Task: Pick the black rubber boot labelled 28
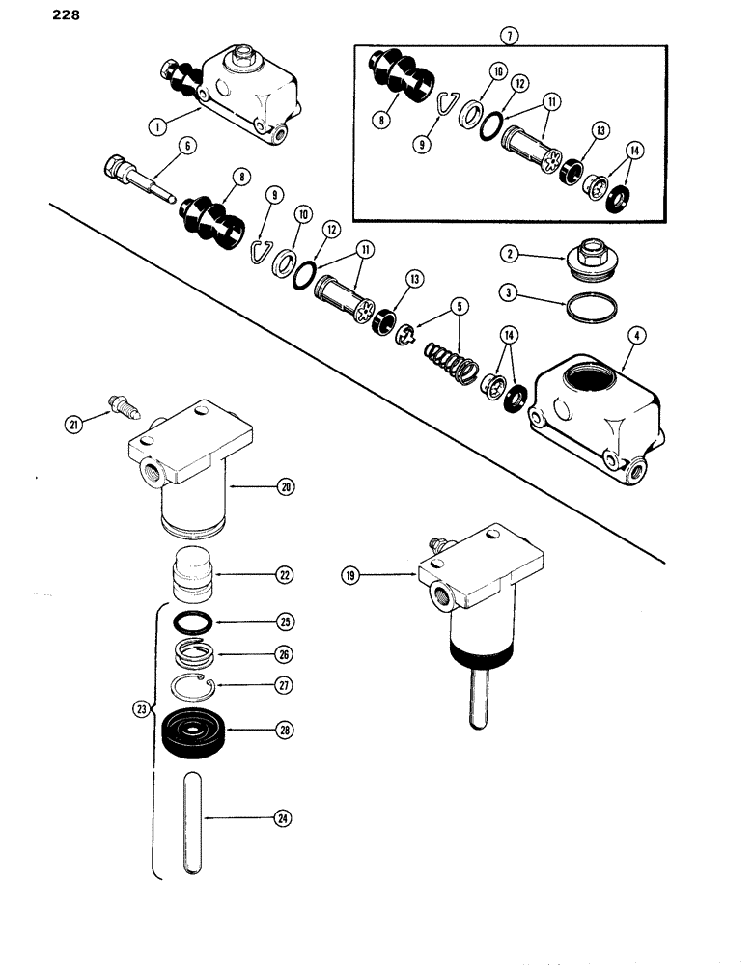point(196,729)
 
